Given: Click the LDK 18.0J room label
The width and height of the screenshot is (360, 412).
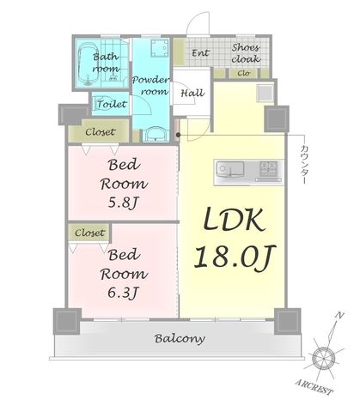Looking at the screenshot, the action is click(235, 238).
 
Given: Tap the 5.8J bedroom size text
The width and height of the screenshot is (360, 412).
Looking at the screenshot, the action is click(123, 203).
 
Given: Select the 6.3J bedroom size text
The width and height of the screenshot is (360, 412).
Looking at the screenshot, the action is click(123, 293).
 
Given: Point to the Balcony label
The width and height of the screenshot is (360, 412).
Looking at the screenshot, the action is click(180, 339).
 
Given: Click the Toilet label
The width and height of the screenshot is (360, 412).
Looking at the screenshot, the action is click(112, 104).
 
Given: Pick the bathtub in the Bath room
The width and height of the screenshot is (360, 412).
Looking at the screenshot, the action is click(88, 64).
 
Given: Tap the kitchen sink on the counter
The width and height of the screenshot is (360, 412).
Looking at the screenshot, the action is click(230, 169).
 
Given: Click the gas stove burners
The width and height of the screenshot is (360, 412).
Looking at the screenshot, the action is click(268, 167).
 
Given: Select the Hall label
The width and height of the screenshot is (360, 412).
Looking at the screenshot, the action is click(192, 94).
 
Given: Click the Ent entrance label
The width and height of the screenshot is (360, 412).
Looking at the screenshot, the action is click(200, 53).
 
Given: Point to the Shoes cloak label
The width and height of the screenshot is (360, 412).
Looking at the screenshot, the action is click(246, 53).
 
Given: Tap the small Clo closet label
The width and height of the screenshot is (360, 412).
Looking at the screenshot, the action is click(243, 73).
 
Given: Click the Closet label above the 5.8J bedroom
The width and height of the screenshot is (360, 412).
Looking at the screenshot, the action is click(101, 132).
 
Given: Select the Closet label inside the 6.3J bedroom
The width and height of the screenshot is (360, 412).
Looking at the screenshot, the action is click(89, 233).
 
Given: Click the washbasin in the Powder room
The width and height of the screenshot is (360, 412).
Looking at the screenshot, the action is click(155, 135).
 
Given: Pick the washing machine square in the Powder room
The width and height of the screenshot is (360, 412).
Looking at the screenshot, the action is click(159, 48).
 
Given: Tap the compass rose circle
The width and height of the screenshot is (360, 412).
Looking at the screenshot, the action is click(323, 358).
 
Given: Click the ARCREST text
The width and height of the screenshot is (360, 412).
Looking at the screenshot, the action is click(314, 387).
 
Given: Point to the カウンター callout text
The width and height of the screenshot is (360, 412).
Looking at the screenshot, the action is click(304, 164).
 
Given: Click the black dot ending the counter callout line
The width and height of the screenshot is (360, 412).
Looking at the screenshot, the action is click(178, 135).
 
